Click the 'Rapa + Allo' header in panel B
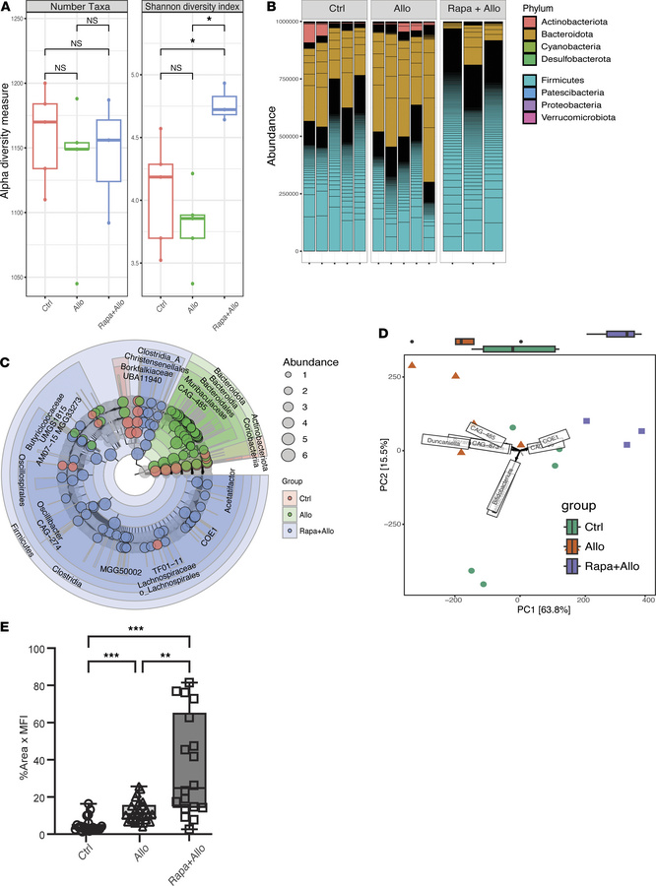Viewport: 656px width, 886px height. tap(473, 16)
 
